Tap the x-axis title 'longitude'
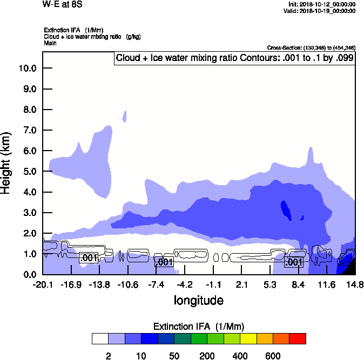click(198, 300)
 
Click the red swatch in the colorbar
click(298, 338)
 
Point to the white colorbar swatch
click(100, 338)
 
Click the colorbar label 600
click(273, 356)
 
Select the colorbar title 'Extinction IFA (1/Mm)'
click(199, 327)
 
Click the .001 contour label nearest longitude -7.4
click(164, 262)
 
